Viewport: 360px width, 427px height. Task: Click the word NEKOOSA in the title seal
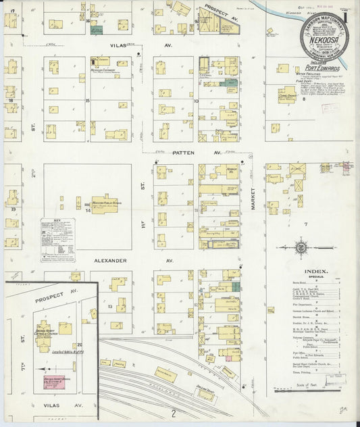click(x=325, y=40)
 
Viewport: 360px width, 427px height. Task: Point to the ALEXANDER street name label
click(x=111, y=260)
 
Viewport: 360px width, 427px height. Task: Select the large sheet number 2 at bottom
click(x=174, y=412)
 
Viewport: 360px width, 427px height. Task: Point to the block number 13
click(x=109, y=306)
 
